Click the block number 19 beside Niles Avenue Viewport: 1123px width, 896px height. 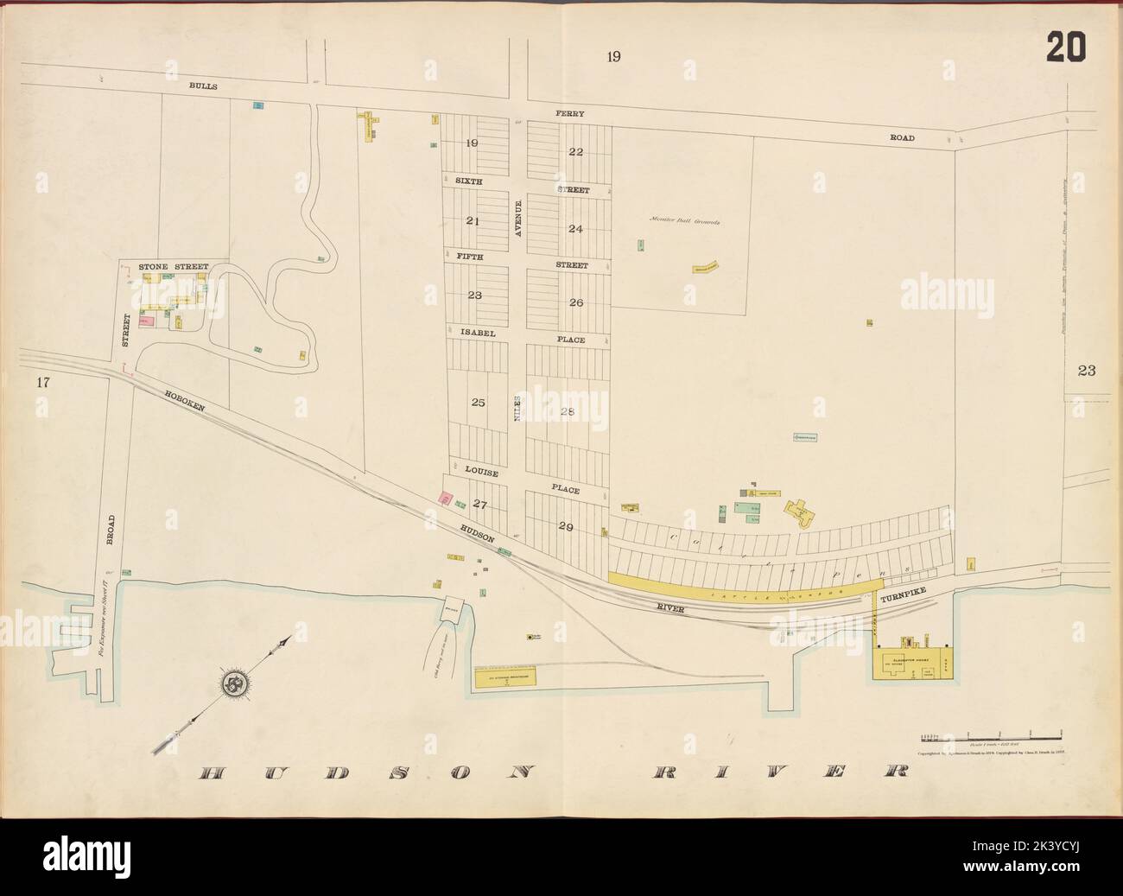coord(471,143)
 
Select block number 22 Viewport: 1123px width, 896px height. coord(576,153)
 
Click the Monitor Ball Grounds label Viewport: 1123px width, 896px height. coord(685,221)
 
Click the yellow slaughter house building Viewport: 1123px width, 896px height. coord(911,663)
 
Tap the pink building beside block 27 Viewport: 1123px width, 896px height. coord(446,499)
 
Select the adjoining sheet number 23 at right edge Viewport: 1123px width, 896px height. coord(1086,372)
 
